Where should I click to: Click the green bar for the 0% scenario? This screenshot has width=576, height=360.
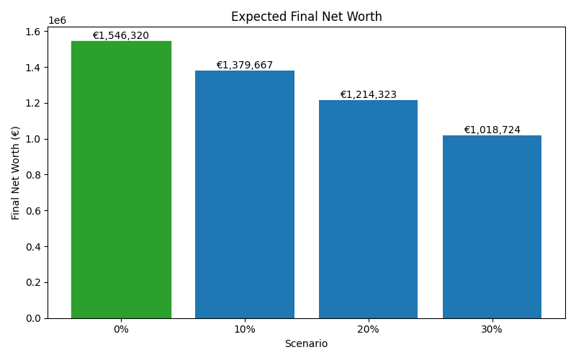pos(121,180)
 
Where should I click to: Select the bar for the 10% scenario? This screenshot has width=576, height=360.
pos(245,194)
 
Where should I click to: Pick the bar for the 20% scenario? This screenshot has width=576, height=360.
pos(368,209)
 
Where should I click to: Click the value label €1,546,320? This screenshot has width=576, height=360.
pos(121,35)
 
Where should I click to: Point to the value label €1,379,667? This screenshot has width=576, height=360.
pos(245,65)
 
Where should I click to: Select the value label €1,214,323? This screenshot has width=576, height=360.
pos(368,94)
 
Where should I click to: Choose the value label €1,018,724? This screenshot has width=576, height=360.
pos(492,130)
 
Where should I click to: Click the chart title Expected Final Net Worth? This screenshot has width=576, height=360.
pos(306,17)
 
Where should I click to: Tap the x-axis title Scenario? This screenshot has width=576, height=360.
pos(306,344)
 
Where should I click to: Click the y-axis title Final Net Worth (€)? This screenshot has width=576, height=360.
pos(16,173)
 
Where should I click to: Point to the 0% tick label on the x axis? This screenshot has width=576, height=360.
pos(121,329)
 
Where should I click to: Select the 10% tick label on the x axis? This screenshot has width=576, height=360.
pos(245,329)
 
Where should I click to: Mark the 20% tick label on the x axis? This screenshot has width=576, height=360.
pos(368,329)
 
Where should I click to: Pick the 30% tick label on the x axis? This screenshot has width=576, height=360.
pos(492,329)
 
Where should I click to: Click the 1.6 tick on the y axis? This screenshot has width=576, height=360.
pos(34,32)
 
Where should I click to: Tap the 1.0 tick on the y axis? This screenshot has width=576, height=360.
pos(34,139)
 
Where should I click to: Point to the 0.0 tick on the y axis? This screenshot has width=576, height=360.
pos(34,318)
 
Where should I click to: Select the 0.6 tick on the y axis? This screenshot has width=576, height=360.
pos(34,211)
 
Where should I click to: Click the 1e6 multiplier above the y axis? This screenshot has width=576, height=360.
pos(57,20)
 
